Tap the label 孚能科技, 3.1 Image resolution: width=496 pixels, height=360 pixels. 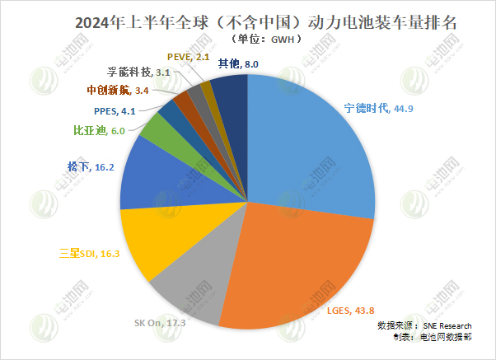(138, 72)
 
